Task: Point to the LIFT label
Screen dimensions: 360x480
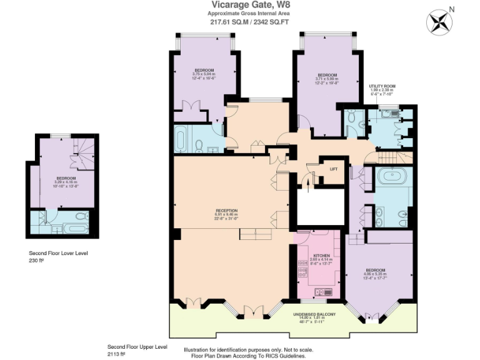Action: (333, 169)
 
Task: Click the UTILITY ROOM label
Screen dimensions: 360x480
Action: (382, 86)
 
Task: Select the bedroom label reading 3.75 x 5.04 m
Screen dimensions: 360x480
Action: (204, 70)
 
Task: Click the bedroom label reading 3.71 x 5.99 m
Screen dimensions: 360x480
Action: (326, 76)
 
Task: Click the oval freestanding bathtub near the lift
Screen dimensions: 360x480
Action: (392, 176)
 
